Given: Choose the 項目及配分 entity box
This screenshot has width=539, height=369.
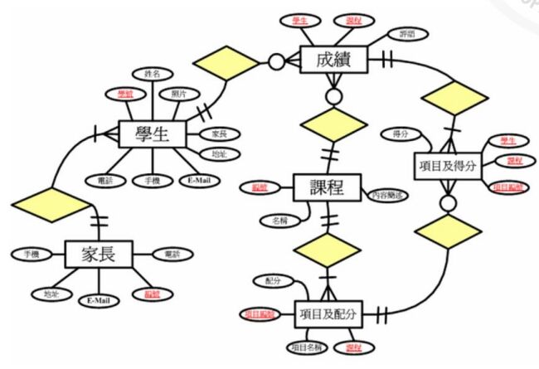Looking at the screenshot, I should tap(329, 314).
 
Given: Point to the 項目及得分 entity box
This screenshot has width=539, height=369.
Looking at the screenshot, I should tap(448, 166).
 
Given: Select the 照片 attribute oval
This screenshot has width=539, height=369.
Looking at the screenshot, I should tap(178, 95).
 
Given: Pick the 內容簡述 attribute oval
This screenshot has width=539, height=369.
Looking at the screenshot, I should tap(389, 195).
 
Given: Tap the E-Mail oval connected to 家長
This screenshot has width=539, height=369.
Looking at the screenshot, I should tap(98, 300).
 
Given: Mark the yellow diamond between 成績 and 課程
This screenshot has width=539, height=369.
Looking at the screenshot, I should tap(335, 124).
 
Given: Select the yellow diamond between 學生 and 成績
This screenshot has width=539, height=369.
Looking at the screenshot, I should tap(225, 62).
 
